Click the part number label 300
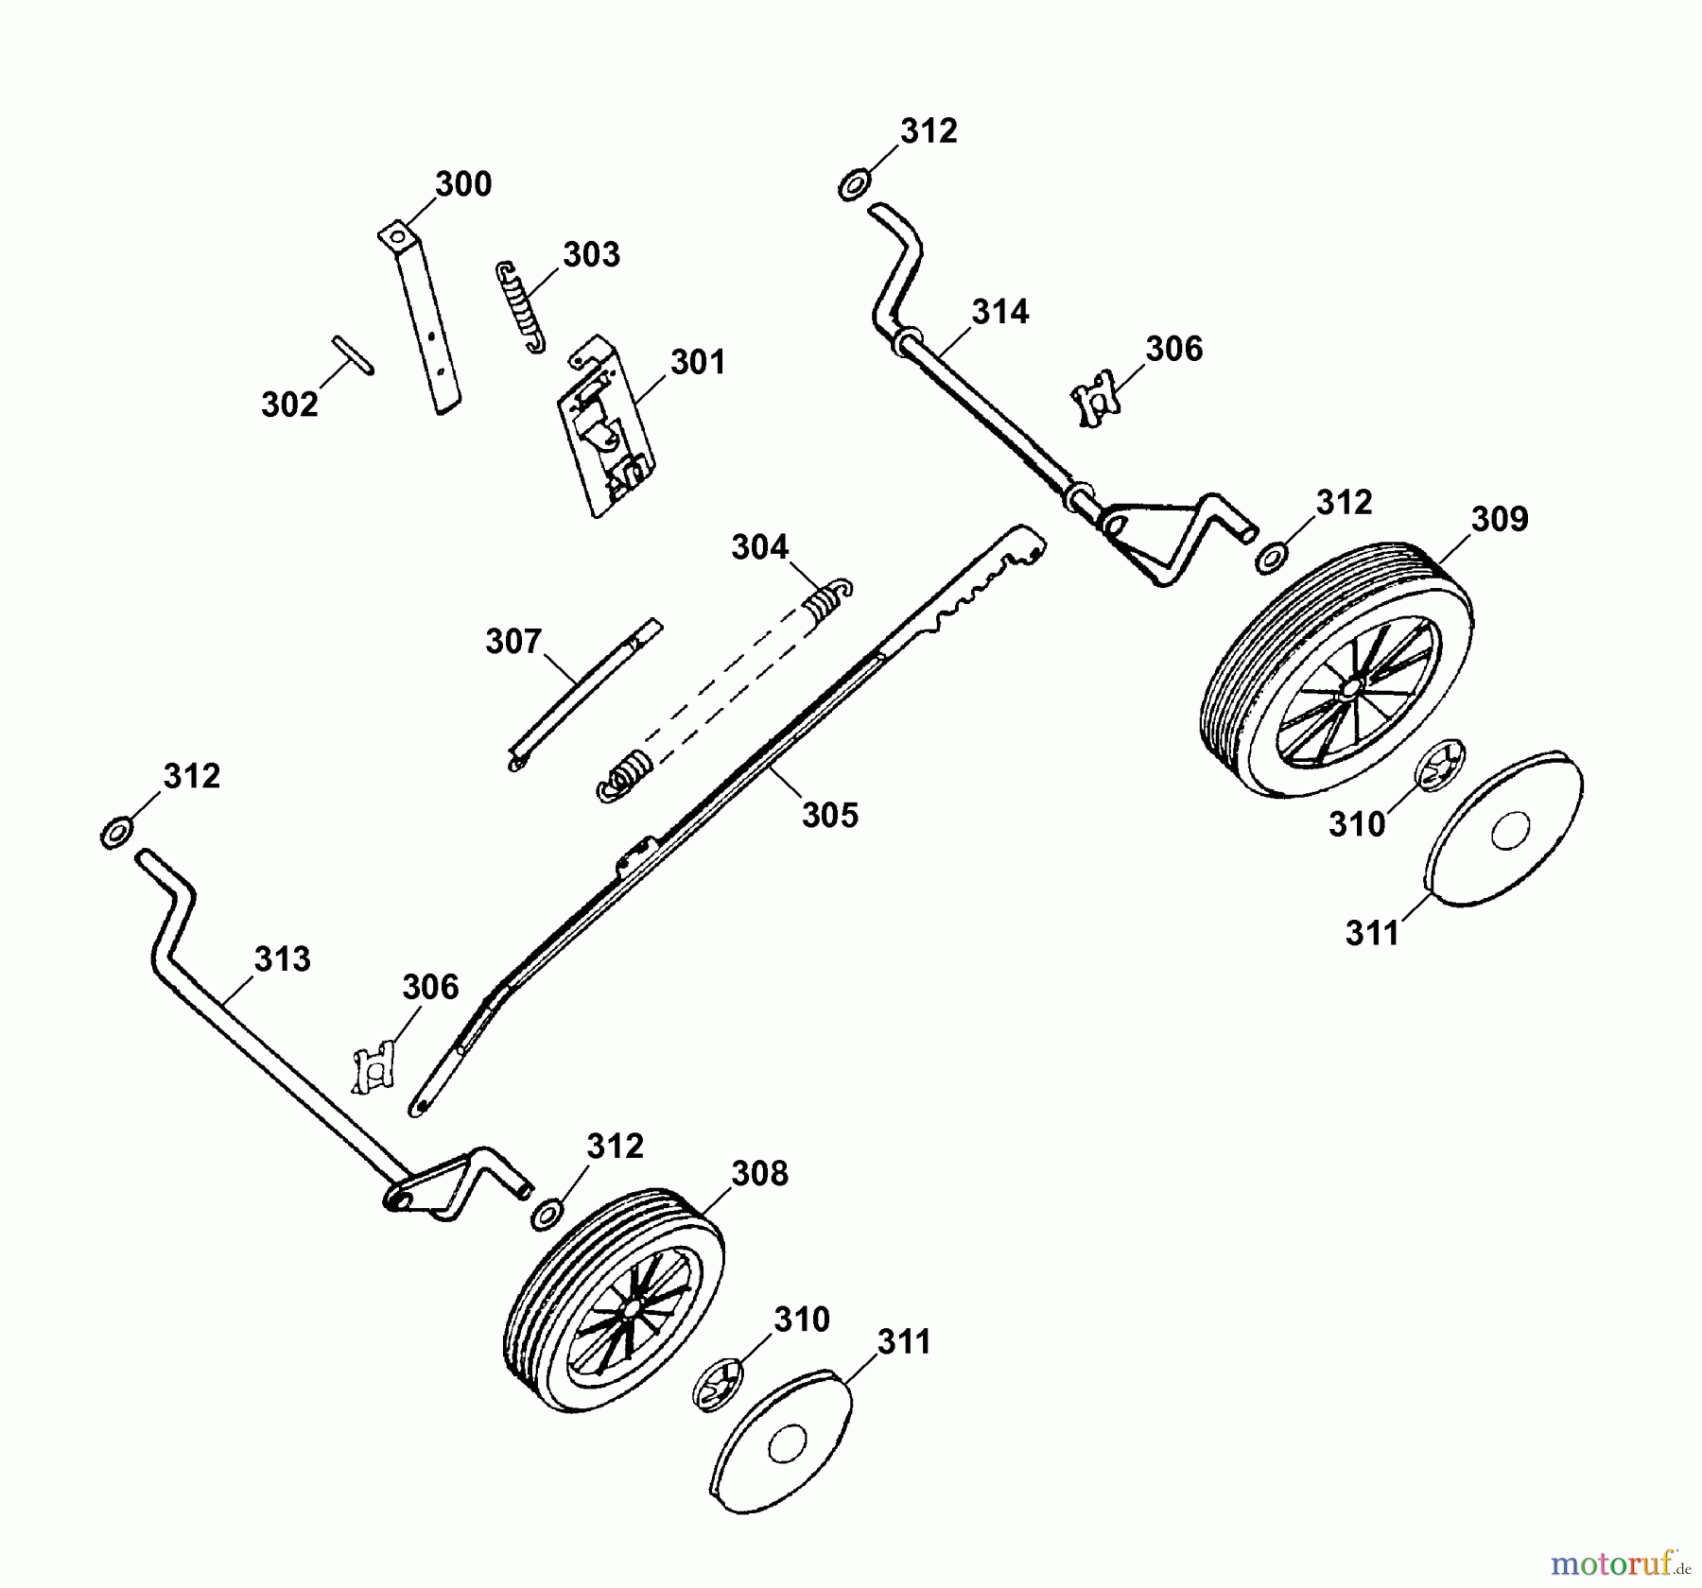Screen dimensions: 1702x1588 (463, 183)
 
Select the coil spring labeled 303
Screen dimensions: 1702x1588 (521, 307)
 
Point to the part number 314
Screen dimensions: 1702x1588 (1000, 311)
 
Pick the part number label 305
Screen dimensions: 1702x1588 (830, 815)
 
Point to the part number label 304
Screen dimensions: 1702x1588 (759, 547)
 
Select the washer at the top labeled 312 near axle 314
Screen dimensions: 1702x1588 (853, 184)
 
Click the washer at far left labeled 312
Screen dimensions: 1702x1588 (116, 833)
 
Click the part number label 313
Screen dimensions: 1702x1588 (282, 958)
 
